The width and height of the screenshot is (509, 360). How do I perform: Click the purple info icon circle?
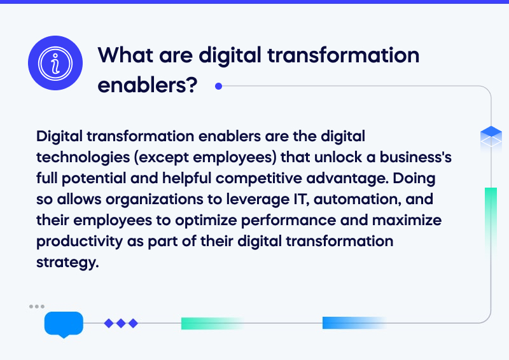(58, 62)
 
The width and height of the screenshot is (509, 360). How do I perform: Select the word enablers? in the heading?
(146, 84)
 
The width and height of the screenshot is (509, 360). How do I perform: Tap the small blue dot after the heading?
(218, 86)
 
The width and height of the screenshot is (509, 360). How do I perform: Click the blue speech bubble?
(64, 324)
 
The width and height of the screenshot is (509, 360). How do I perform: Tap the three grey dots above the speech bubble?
(37, 307)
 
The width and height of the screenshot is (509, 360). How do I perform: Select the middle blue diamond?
(121, 323)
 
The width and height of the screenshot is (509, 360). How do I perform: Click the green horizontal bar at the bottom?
(210, 323)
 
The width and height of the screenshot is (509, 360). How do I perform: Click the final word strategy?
(67, 262)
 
